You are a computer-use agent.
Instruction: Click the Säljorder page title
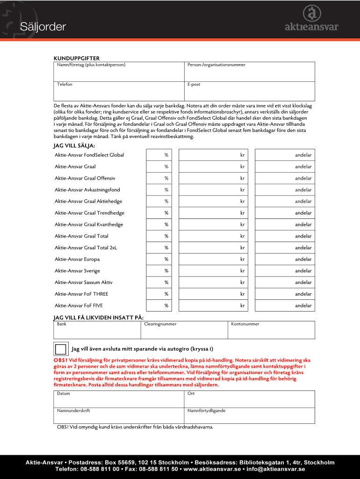[43, 27]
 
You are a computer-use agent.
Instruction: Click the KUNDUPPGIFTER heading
[76, 58]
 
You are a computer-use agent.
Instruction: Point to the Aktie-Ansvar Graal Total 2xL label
[86, 247]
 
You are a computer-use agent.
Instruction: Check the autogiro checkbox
[60, 349]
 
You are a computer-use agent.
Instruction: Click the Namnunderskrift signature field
[119, 416]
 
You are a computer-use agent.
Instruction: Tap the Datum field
[119, 399]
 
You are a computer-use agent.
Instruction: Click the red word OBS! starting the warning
[61, 361]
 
